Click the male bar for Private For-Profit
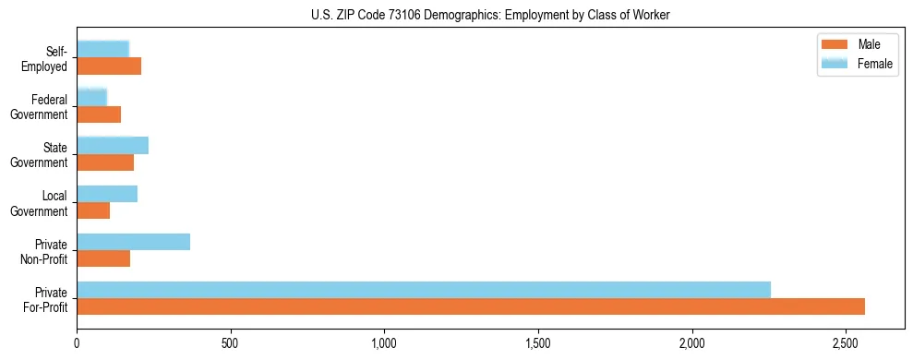[x=471, y=306]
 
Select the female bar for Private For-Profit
[x=424, y=290]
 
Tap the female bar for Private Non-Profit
[x=134, y=242]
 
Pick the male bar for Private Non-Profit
[x=103, y=258]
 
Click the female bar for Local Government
[x=107, y=194]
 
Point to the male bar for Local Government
[x=93, y=210]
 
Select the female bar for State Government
[x=113, y=145]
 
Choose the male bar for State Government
[x=105, y=162]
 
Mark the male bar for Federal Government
[x=99, y=114]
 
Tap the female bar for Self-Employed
[x=103, y=49]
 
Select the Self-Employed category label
[x=46, y=59]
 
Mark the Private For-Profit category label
[x=45, y=299]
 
